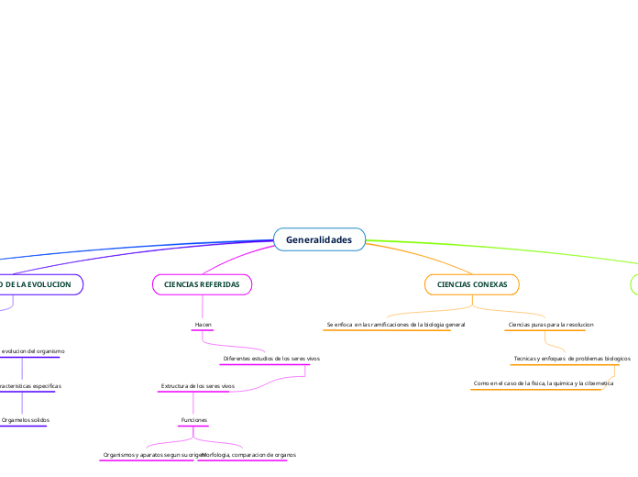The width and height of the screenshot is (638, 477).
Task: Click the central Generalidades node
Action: [319, 239]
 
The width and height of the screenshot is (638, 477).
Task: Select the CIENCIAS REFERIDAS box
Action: [202, 285]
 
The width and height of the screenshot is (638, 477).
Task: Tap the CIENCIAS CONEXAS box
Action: [472, 285]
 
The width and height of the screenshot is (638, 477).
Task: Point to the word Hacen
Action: [203, 325]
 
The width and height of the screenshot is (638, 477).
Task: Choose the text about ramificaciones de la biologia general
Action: [395, 325]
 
